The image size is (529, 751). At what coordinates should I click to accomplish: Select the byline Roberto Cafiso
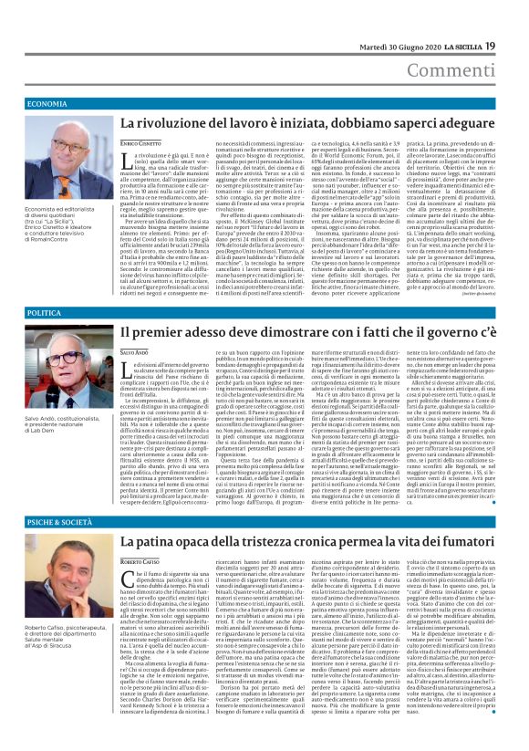tap(140, 560)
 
